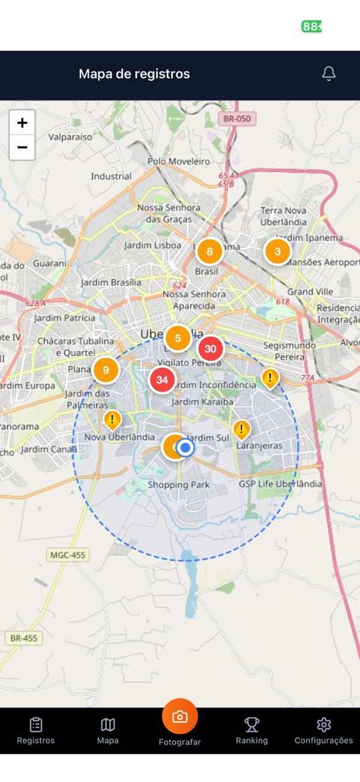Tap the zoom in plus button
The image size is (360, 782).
pyautogui.click(x=22, y=123)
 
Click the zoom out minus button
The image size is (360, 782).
pyautogui.click(x=22, y=147)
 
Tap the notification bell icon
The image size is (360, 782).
pyautogui.click(x=329, y=74)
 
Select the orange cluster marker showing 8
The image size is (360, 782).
pyautogui.click(x=210, y=251)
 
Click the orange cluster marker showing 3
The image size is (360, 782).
pyautogui.click(x=277, y=251)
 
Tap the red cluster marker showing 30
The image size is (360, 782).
pyautogui.click(x=211, y=349)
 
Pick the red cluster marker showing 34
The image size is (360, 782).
pyautogui.click(x=162, y=380)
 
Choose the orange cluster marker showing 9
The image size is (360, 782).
pyautogui.click(x=106, y=370)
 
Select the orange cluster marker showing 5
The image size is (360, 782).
pyautogui.click(x=178, y=338)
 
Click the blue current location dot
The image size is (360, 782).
pyautogui.click(x=186, y=448)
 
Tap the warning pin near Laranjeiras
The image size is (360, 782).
pyautogui.click(x=242, y=429)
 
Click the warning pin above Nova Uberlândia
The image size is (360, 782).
pyautogui.click(x=112, y=420)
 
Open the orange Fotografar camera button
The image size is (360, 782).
pyautogui.click(x=180, y=717)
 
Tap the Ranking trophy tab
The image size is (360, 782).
pyautogui.click(x=252, y=731)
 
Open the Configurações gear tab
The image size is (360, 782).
pyautogui.click(x=323, y=731)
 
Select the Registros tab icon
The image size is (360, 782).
pyautogui.click(x=36, y=731)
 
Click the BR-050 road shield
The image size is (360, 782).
pyautogui.click(x=237, y=119)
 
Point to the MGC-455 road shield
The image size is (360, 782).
pyautogui.click(x=68, y=555)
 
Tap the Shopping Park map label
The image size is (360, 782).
pyautogui.click(x=178, y=485)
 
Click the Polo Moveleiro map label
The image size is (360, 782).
pyautogui.click(x=178, y=161)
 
